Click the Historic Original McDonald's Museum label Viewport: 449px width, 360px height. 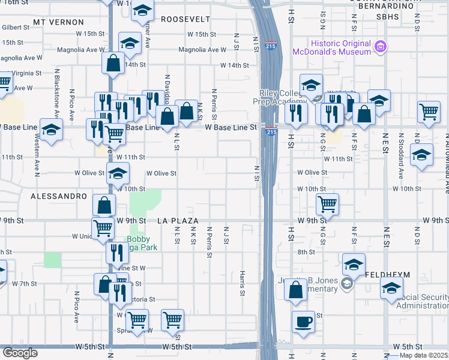click(331, 47)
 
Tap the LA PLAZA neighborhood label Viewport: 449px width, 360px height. click(178, 221)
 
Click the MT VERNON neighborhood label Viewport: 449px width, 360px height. click(58, 22)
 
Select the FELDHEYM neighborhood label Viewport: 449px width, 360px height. click(387, 274)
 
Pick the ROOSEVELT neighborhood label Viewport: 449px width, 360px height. click(185, 19)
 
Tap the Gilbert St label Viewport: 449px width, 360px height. click(16, 28)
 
